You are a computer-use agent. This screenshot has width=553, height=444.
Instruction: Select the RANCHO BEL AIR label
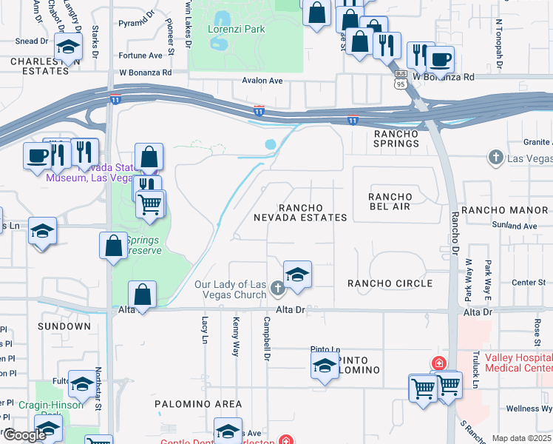(x=389, y=201)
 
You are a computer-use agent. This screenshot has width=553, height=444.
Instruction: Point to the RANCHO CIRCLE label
(x=390, y=283)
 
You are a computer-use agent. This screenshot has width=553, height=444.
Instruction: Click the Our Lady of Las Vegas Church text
(x=229, y=290)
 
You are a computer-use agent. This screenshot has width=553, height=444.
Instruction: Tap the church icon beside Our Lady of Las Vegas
(x=276, y=287)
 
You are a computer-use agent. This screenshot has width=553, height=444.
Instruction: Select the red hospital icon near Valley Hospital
(x=438, y=363)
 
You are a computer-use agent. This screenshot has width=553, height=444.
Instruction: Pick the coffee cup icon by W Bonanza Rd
(x=441, y=59)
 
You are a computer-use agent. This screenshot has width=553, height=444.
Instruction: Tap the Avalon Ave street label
(x=262, y=81)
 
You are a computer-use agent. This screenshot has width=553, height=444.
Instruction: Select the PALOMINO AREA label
(x=197, y=404)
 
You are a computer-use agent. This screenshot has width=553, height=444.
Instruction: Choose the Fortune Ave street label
(x=140, y=55)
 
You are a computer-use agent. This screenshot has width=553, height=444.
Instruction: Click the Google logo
(x=24, y=436)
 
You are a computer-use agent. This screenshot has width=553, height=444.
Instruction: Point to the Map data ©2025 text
(x=521, y=438)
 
